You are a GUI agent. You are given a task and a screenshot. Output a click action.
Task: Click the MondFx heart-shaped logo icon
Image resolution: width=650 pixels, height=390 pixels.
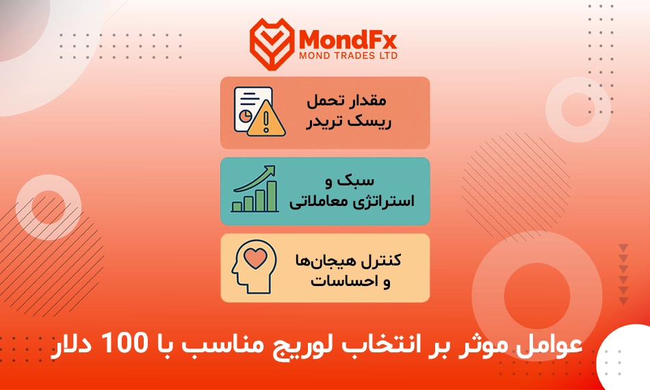click(x=272, y=44)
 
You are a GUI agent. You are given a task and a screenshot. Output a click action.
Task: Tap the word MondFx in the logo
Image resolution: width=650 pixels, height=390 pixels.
click(x=348, y=40)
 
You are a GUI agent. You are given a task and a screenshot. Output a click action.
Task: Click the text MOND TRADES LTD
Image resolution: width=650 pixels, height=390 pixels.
click(x=348, y=55)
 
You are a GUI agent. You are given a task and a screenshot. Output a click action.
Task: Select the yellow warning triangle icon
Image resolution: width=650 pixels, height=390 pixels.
click(x=266, y=120)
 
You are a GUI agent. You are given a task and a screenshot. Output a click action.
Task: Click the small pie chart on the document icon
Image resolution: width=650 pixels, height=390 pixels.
click(x=245, y=116)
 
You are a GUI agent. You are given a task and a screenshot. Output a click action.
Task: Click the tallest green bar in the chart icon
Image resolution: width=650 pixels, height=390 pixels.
click(x=272, y=196)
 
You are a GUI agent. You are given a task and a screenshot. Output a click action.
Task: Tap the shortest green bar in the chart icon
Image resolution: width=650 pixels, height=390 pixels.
click(x=237, y=207)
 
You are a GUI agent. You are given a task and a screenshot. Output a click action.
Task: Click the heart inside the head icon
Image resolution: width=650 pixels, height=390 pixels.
click(x=255, y=257)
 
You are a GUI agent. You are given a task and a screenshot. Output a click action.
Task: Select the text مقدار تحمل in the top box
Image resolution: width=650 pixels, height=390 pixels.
click(x=347, y=101)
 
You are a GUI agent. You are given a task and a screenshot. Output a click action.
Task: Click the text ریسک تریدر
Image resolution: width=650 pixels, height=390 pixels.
click(x=349, y=122)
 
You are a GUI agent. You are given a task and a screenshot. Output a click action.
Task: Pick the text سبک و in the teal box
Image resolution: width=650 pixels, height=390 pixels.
click(x=350, y=181)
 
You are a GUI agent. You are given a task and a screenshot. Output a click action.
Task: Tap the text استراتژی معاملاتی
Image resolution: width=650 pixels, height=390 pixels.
click(x=352, y=202)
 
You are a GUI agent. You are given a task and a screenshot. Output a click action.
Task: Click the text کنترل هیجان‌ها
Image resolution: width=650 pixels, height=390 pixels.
click(x=348, y=260)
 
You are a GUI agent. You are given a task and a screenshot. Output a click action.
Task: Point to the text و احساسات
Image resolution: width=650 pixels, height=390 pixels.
click(x=351, y=281)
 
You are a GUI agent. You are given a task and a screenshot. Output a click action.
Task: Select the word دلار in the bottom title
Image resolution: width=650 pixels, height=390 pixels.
click(x=71, y=346)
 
